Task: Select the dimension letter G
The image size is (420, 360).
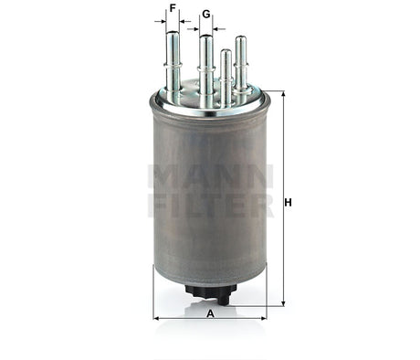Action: click(x=206, y=15)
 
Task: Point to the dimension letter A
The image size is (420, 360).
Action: click(x=210, y=313)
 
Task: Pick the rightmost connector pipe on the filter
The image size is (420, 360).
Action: click(x=240, y=64)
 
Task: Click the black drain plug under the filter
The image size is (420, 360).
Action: click(x=209, y=291)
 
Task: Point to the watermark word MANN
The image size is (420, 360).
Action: click(x=210, y=175)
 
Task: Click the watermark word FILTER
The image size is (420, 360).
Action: click(x=210, y=204)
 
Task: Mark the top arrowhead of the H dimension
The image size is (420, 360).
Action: click(x=282, y=95)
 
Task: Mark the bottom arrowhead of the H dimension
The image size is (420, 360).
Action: click(x=282, y=301)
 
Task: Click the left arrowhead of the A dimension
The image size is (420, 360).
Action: click(x=156, y=319)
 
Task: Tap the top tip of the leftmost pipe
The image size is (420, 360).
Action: click(x=172, y=33)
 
